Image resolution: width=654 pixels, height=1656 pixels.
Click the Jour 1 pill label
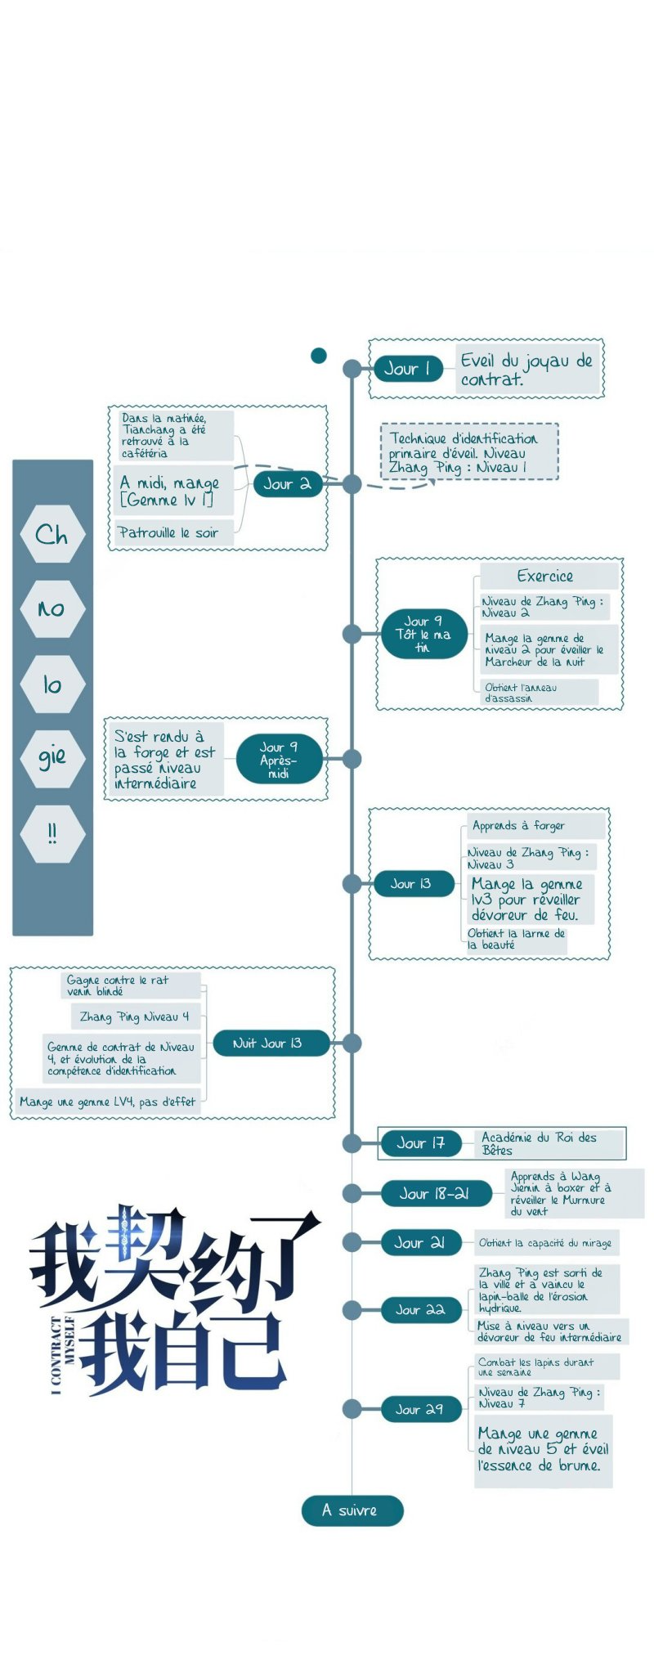[408, 369]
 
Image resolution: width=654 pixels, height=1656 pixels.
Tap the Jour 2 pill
[288, 484]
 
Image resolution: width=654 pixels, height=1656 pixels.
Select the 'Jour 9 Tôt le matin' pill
[423, 634]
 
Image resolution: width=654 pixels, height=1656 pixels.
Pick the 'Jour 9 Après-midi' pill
[279, 759]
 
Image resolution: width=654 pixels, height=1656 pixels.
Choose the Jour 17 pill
[422, 1143]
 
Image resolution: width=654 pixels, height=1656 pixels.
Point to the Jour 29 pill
[421, 1409]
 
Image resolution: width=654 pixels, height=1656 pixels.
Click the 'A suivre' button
[352, 1510]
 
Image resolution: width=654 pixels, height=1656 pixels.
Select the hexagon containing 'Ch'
[52, 535]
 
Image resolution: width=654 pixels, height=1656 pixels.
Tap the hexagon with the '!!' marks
[52, 833]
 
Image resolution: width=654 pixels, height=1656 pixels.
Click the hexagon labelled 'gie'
[52, 757]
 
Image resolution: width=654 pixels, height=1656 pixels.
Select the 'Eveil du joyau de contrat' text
[526, 370]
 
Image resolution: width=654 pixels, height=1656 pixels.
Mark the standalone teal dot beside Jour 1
[319, 355]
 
